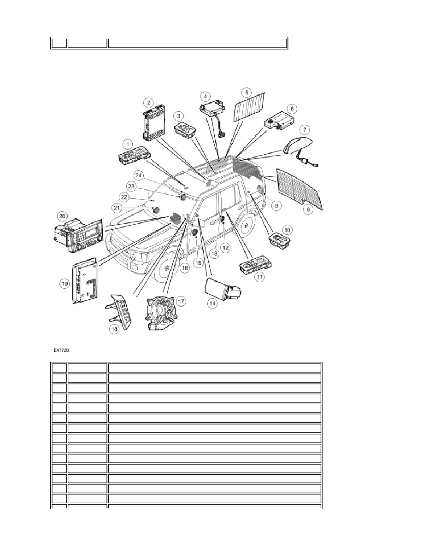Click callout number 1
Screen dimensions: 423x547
click(x=128, y=144)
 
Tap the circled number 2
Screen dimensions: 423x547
click(x=149, y=102)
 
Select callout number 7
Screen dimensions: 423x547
click(x=305, y=130)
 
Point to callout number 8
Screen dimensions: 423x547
click(x=308, y=209)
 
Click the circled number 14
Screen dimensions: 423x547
click(x=212, y=303)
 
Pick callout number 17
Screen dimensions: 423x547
click(x=181, y=301)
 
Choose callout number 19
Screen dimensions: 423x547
click(x=65, y=284)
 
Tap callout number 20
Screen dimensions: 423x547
click(x=62, y=216)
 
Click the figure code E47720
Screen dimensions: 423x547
click(x=61, y=350)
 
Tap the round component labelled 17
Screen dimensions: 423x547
click(x=162, y=310)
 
